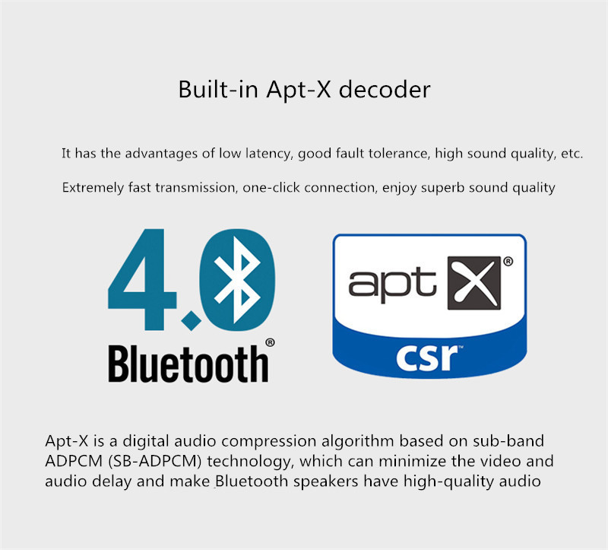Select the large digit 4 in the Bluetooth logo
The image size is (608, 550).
point(144,282)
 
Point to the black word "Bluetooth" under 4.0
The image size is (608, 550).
point(188,364)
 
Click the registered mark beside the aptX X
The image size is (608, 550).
point(508,261)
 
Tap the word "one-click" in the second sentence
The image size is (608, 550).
point(271,187)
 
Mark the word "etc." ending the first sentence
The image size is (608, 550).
point(572,154)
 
